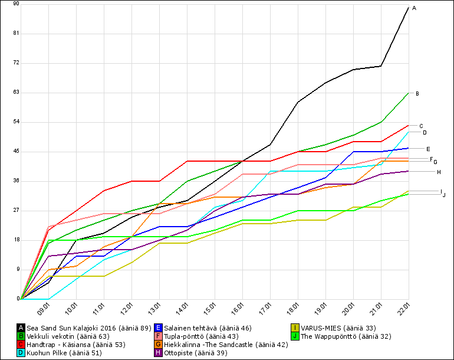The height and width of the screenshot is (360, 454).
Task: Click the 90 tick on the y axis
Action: pos(16,4)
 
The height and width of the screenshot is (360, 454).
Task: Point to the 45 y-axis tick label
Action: pos(16,151)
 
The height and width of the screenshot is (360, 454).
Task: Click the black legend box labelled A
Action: pos(21,328)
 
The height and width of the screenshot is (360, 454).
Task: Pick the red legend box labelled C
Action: pos(21,344)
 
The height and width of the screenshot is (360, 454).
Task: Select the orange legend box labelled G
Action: pos(159,344)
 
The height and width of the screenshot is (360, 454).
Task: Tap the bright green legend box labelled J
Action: pos(295,336)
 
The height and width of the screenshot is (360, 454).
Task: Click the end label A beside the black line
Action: pos(414,8)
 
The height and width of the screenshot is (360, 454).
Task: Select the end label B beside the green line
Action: pos(417,94)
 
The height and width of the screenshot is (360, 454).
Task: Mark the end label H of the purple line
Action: pos(439,172)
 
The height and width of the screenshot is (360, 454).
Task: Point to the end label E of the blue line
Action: pos(428,149)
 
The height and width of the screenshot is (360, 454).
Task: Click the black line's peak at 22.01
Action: pos(409,7)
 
